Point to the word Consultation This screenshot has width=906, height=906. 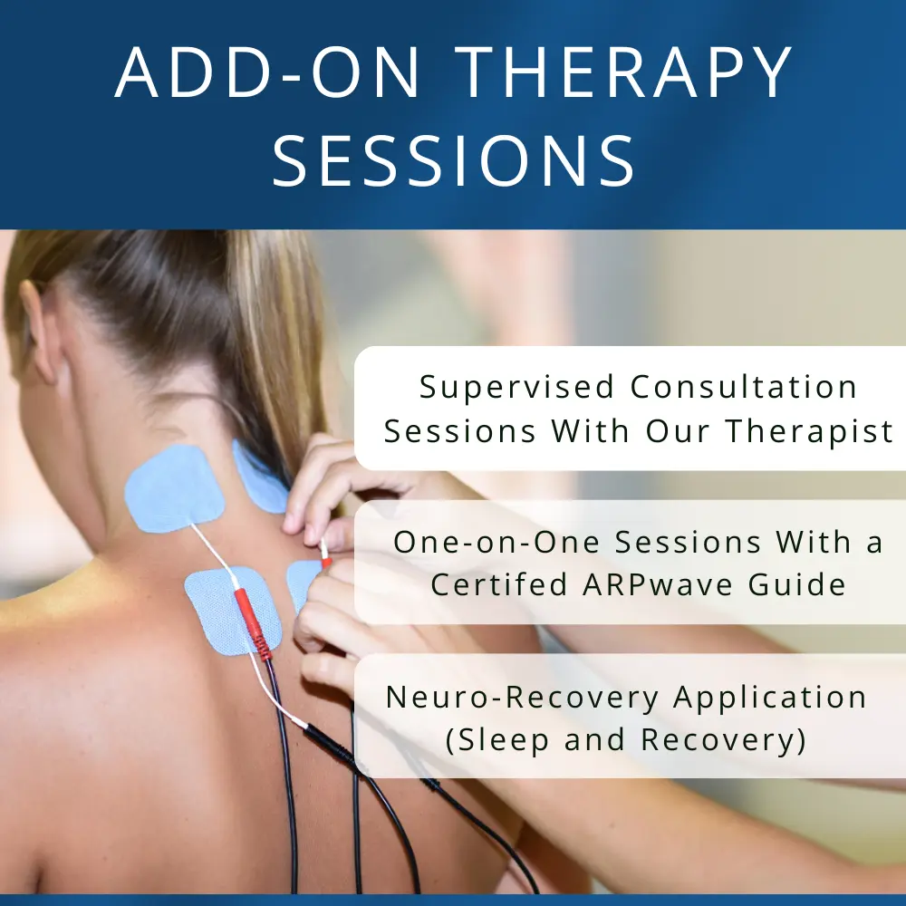[x=744, y=387]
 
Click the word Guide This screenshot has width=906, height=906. [x=798, y=584]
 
